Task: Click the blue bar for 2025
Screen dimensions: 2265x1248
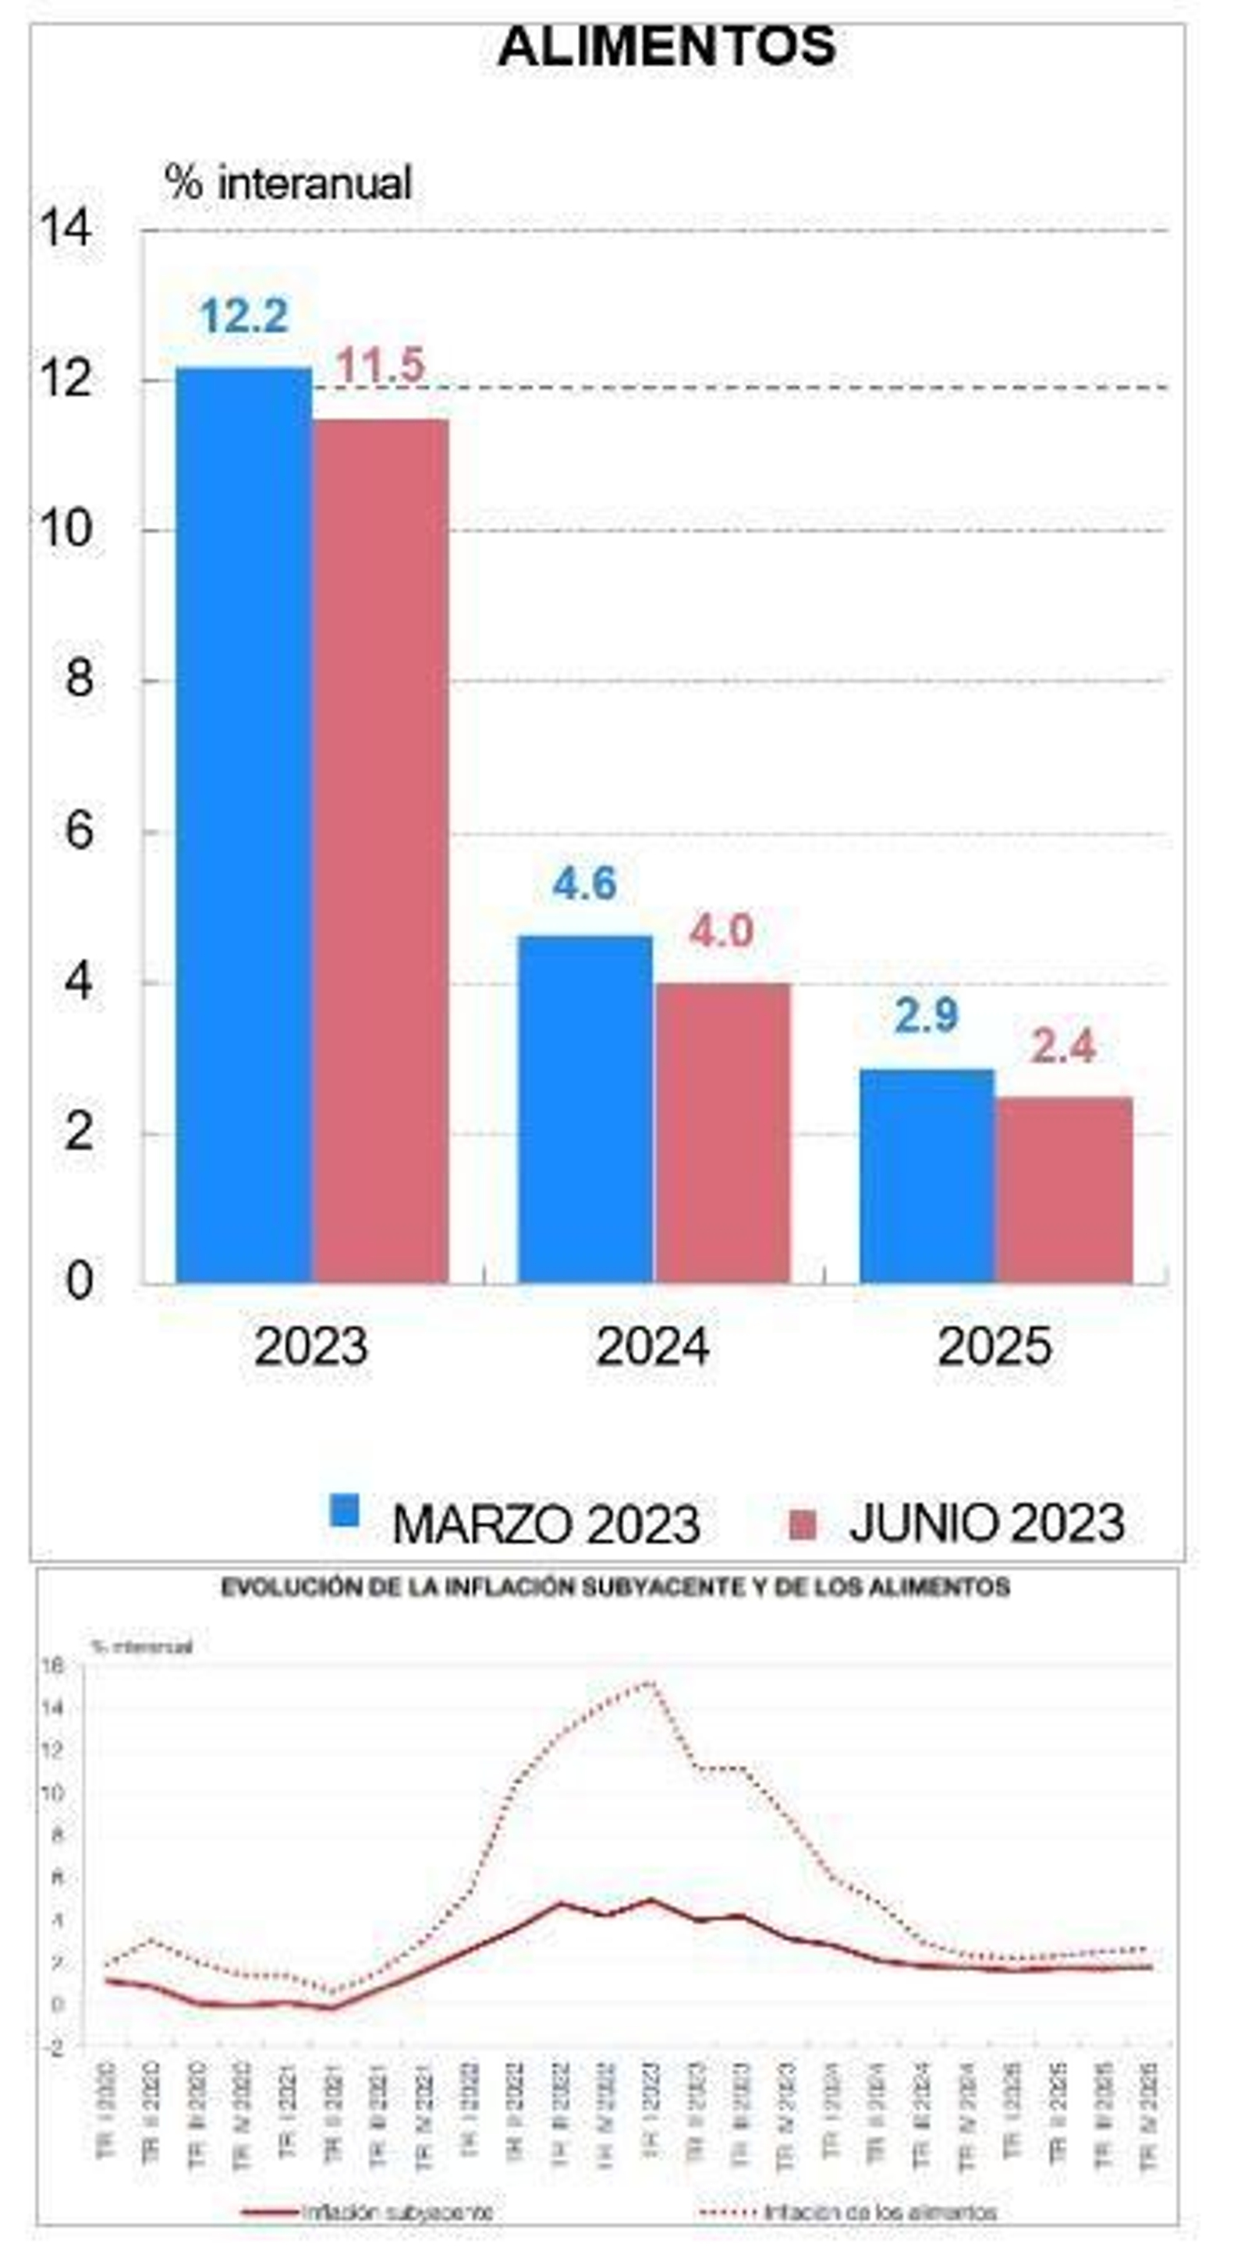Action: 927,1176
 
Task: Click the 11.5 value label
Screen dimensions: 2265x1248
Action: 380,365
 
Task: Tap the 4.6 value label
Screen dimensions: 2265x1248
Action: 584,883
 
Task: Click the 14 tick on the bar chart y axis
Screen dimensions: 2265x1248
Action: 65,228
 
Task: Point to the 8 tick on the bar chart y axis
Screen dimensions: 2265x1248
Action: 79,679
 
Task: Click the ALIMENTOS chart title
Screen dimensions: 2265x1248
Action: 667,46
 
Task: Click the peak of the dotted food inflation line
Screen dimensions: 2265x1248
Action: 650,1682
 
